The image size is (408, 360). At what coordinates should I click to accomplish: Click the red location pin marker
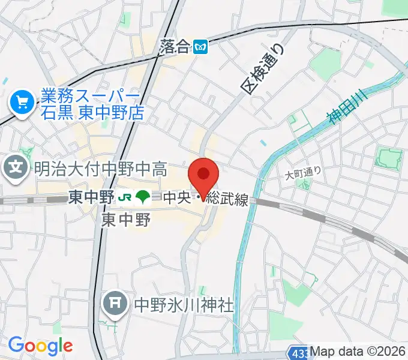[x=203, y=176]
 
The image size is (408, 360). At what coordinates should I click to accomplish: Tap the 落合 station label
[x=176, y=46]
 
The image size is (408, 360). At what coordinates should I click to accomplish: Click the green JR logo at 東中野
[x=125, y=197]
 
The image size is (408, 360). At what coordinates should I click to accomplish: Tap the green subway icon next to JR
[x=143, y=197]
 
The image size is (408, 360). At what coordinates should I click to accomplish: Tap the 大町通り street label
[x=303, y=173]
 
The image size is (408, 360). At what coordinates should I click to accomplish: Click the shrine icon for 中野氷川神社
[x=114, y=304]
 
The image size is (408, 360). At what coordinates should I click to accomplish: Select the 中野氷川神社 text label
[x=182, y=305]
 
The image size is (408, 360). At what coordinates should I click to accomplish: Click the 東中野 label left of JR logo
[x=91, y=197]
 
